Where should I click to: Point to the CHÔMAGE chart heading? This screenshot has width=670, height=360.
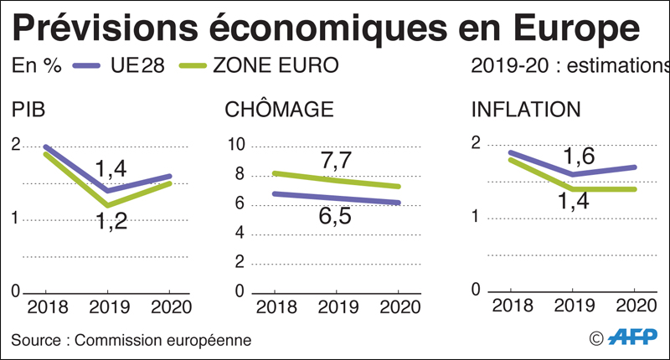[x=280, y=110]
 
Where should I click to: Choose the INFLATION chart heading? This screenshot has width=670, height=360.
[x=526, y=110]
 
